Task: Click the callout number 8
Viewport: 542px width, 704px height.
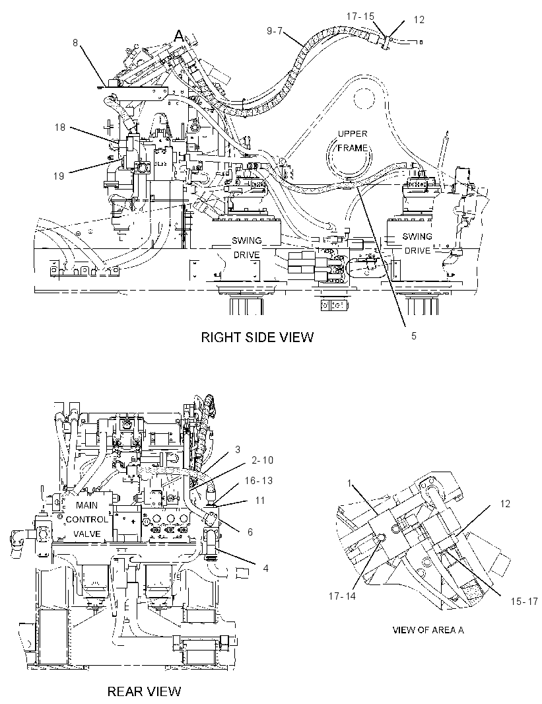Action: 75,43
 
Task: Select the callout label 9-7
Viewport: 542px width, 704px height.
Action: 274,31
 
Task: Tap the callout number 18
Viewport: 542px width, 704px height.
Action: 59,127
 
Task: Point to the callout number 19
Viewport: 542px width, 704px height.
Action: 59,176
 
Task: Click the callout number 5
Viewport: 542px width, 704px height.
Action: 414,335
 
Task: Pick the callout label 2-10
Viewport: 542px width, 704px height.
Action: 263,460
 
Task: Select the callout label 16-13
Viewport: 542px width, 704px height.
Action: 258,480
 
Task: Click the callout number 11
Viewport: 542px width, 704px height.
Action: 260,500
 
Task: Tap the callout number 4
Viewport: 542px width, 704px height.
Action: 265,568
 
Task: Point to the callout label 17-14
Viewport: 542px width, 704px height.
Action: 342,597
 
